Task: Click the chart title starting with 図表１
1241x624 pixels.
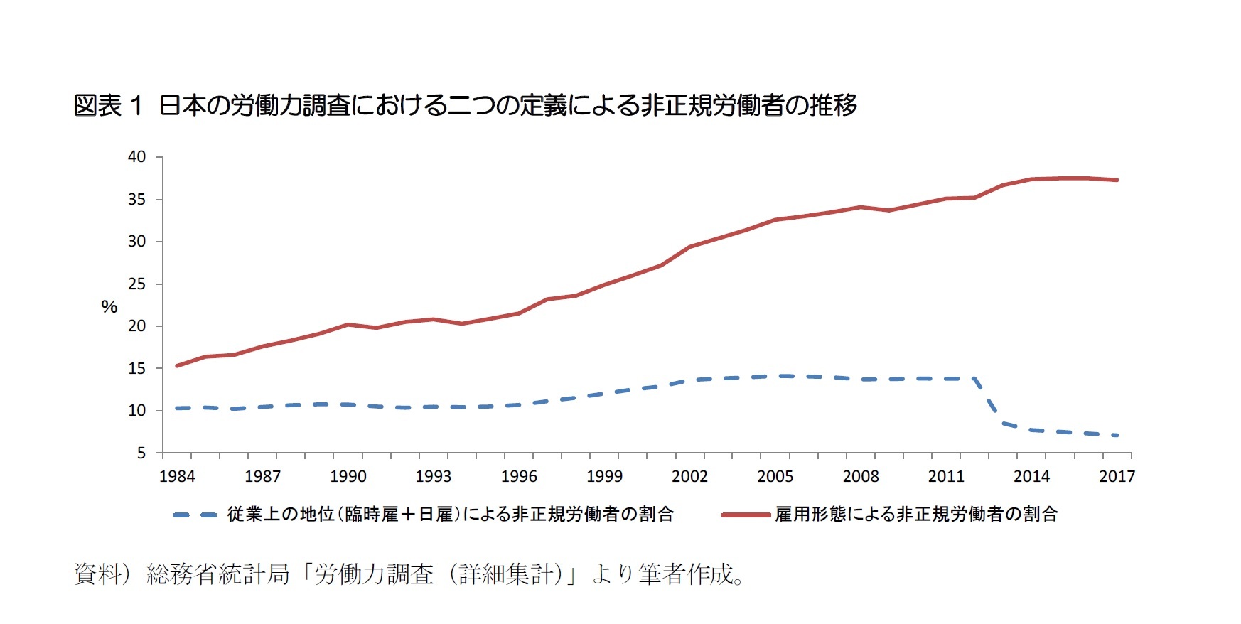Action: [466, 106]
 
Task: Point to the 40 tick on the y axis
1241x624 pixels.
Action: [136, 157]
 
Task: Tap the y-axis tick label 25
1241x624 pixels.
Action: [136, 284]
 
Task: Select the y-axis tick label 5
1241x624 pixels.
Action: [141, 453]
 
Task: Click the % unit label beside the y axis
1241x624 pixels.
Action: [109, 307]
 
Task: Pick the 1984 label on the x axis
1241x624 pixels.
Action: [177, 476]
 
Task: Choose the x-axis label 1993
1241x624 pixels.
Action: [434, 476]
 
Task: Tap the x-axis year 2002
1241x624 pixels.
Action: [689, 476]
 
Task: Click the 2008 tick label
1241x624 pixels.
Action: [861, 476]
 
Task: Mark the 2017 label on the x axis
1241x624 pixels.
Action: [1117, 476]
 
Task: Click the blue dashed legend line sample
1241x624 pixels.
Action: [195, 515]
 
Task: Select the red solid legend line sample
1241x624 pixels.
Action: [746, 515]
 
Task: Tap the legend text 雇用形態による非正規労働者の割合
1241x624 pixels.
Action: [916, 515]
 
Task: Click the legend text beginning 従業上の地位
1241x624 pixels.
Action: [450, 515]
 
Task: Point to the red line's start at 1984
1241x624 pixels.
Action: [177, 366]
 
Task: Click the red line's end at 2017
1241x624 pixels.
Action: [1117, 180]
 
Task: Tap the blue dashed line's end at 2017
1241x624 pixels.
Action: [1117, 435]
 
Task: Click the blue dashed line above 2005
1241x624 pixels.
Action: [775, 376]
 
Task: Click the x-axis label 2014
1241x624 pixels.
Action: [1031, 476]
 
